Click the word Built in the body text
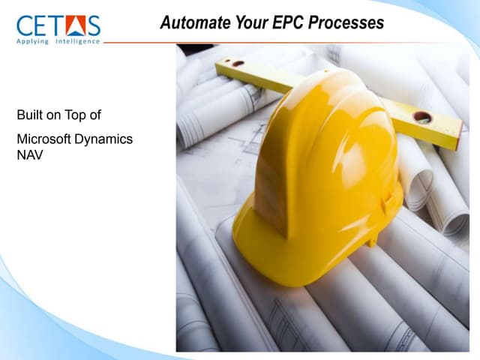click(x=29, y=115)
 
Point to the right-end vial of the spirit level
click(x=422, y=117)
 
